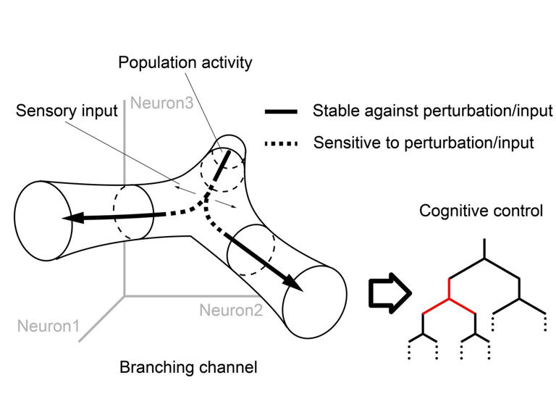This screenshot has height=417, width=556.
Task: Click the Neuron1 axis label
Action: (x=50, y=326)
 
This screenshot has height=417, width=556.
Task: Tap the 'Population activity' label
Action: (x=185, y=62)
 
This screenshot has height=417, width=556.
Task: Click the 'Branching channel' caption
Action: (x=188, y=367)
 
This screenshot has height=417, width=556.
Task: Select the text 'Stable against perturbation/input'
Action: (x=432, y=111)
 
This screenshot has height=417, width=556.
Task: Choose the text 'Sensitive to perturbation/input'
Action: (x=424, y=142)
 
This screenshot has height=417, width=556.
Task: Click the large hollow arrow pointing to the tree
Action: (x=389, y=295)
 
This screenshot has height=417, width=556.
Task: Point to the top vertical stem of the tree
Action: (x=484, y=249)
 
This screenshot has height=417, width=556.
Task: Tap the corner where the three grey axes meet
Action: (x=125, y=295)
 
